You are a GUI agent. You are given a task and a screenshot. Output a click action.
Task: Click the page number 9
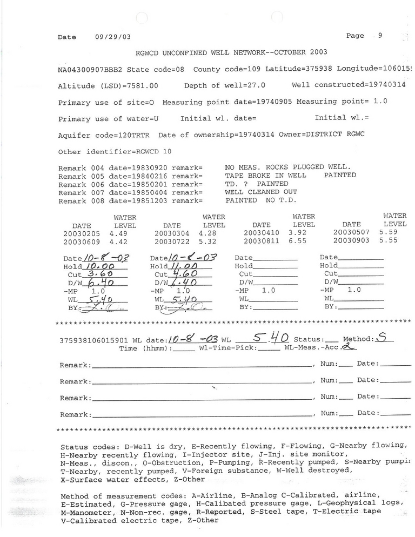(380, 36)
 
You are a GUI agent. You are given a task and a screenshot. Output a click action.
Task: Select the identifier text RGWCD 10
(154, 151)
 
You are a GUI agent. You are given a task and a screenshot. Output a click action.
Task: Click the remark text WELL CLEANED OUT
(260, 192)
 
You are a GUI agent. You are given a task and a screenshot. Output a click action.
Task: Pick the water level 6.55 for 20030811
(302, 241)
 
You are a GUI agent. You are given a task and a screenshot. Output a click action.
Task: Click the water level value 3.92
(302, 233)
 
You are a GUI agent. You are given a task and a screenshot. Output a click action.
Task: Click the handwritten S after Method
(381, 338)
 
